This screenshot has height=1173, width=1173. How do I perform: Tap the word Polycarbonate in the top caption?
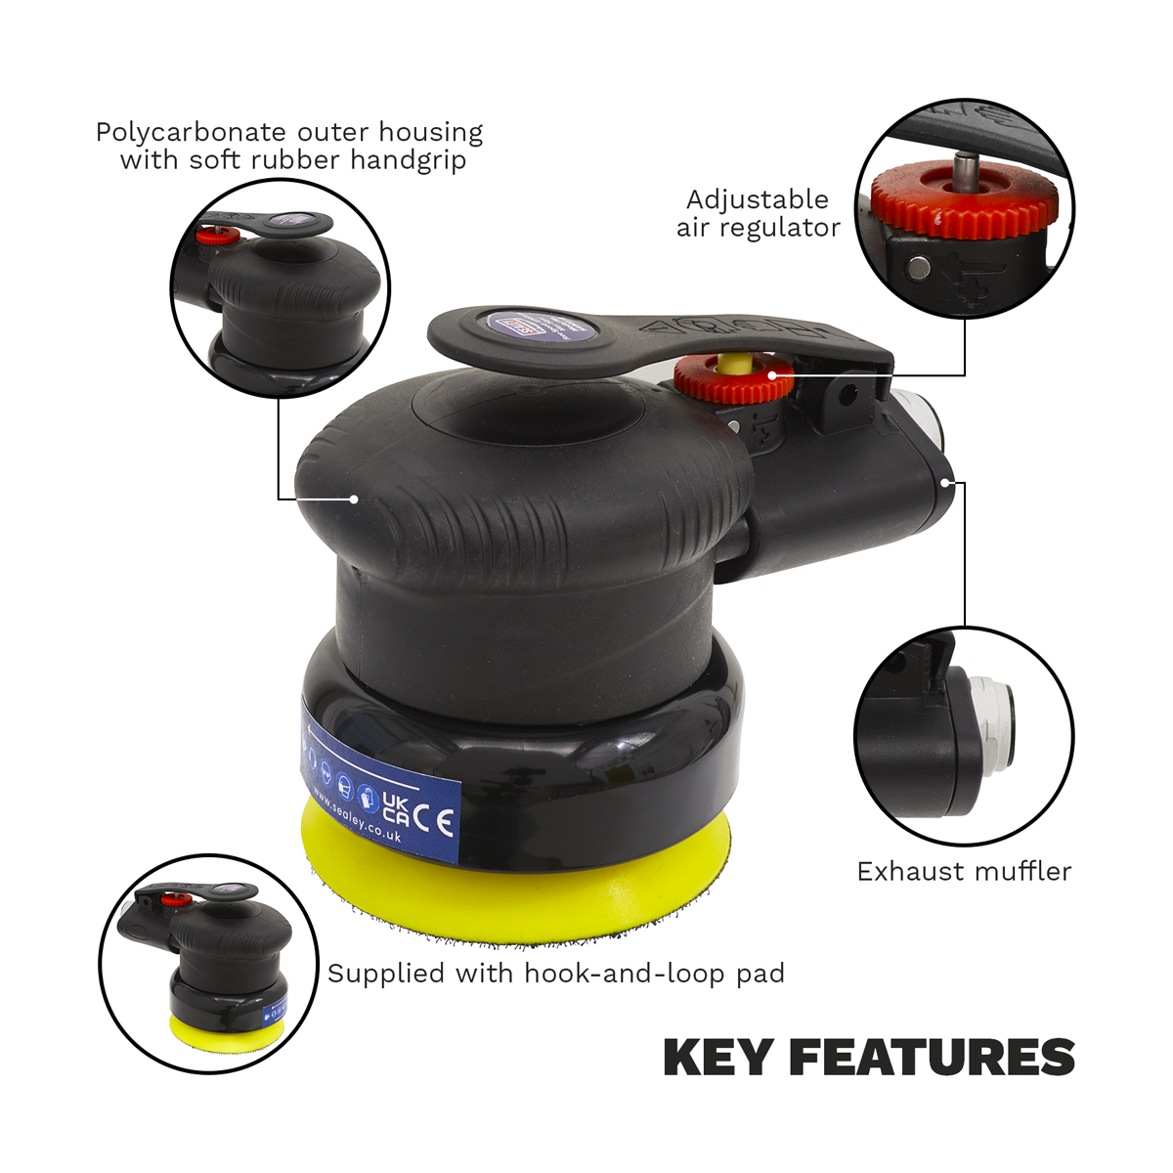click(x=191, y=132)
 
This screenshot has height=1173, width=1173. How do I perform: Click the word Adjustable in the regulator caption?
click(x=757, y=199)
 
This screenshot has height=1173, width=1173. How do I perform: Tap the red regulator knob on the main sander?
click(x=732, y=382)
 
